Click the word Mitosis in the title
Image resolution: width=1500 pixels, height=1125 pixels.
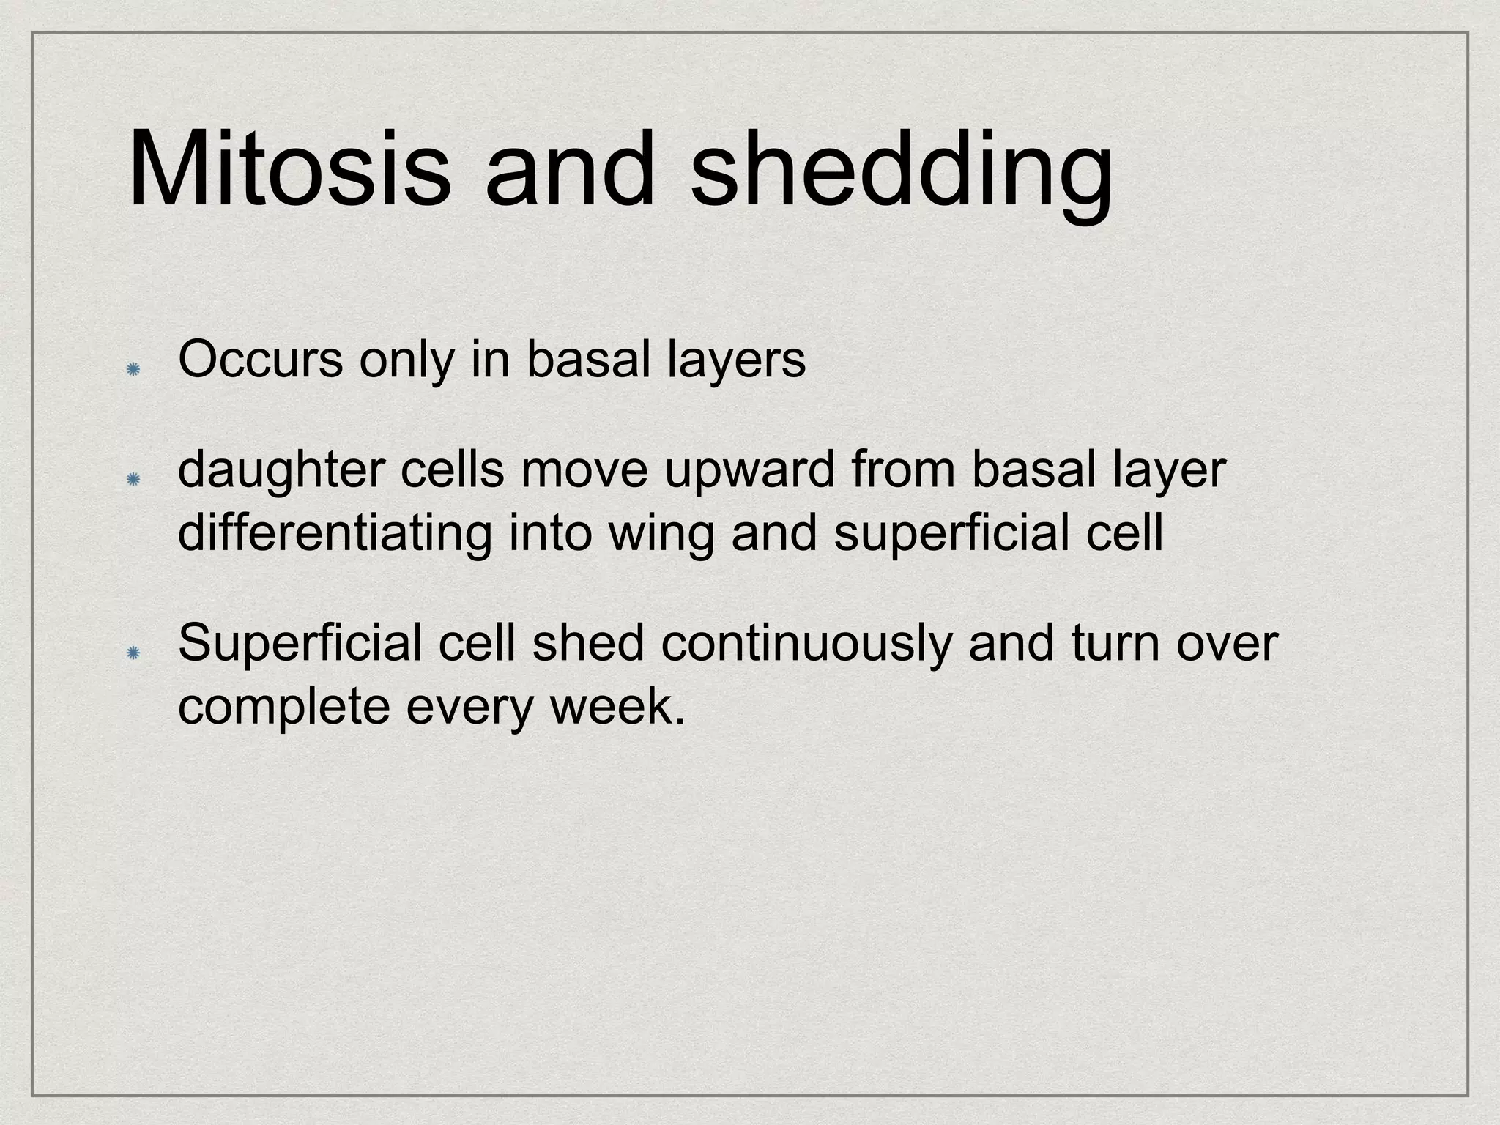[289, 170]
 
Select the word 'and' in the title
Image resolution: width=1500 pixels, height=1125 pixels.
[569, 170]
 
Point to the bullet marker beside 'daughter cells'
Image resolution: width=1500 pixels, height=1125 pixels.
[133, 480]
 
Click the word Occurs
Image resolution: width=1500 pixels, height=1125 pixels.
[260, 360]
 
